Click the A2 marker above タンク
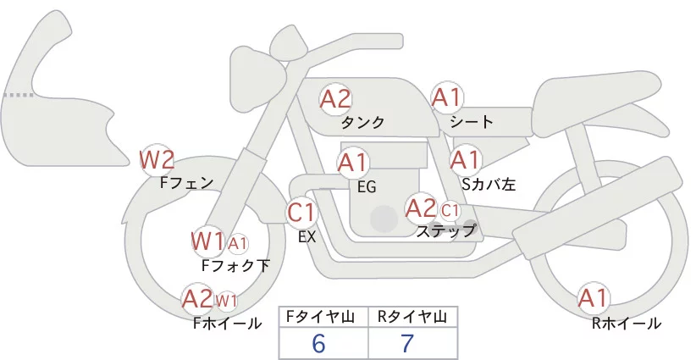coord(335,99)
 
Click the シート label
coord(472,122)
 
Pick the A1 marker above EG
coord(353,162)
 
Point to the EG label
coord(367,186)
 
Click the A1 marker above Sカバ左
coord(465,159)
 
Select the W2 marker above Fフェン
coord(157,158)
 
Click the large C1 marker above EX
coord(302,212)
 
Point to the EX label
coord(307,237)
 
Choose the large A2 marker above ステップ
coord(422,208)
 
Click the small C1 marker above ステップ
coord(450,209)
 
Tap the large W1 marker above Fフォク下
coord(207,241)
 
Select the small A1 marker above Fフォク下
coord(238,244)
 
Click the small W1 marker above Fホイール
coord(226,301)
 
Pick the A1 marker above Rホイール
coord(593,298)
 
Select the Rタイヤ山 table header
coord(412,317)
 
